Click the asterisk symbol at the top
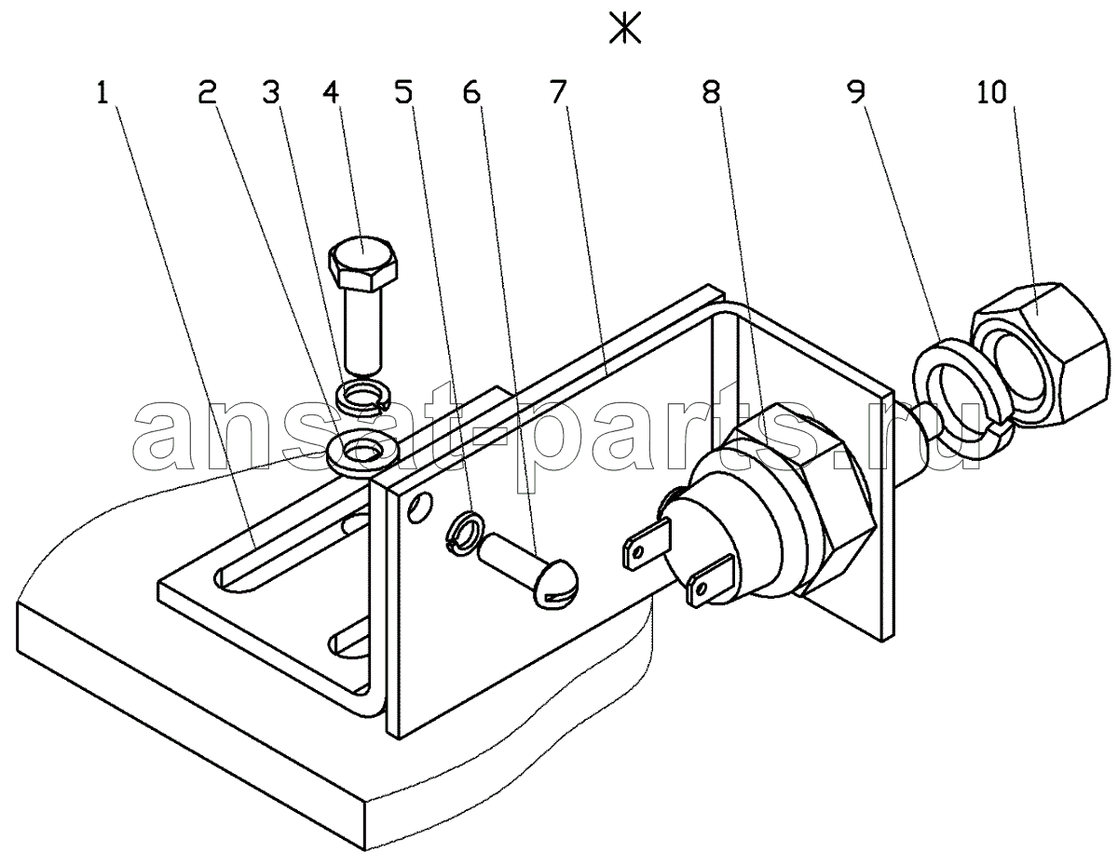tap(625, 28)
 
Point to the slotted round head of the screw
tap(557, 585)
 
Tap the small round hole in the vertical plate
tap(420, 507)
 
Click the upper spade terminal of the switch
tap(648, 545)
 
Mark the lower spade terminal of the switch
tap(711, 582)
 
